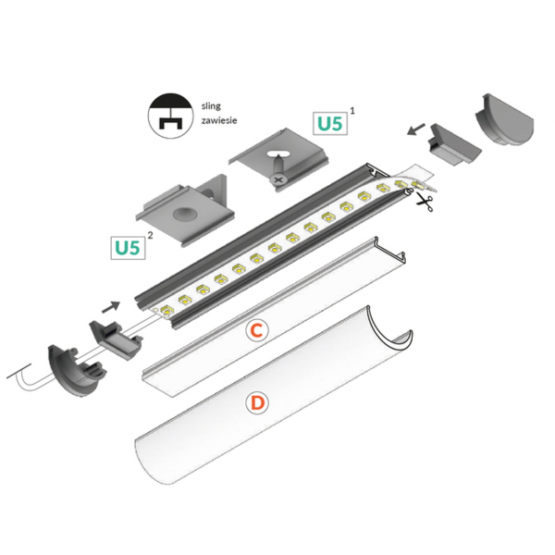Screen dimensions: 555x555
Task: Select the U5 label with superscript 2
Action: [128, 248]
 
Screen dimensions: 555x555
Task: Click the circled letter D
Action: [257, 403]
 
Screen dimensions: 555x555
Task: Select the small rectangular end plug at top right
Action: [447, 146]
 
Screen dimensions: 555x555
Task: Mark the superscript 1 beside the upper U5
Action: [352, 109]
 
